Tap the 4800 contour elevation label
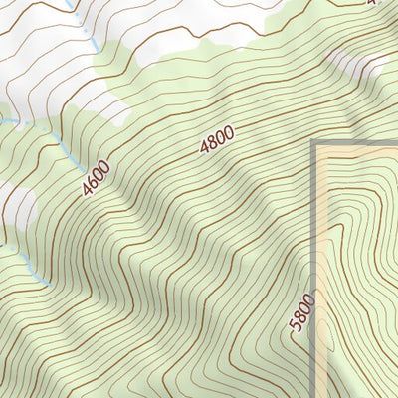(x=217, y=139)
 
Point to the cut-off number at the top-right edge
(x=373, y=3)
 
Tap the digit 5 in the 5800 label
(x=298, y=328)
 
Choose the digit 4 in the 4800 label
(x=206, y=148)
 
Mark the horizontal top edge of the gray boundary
(x=358, y=145)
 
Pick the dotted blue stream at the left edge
(x=8, y=120)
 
